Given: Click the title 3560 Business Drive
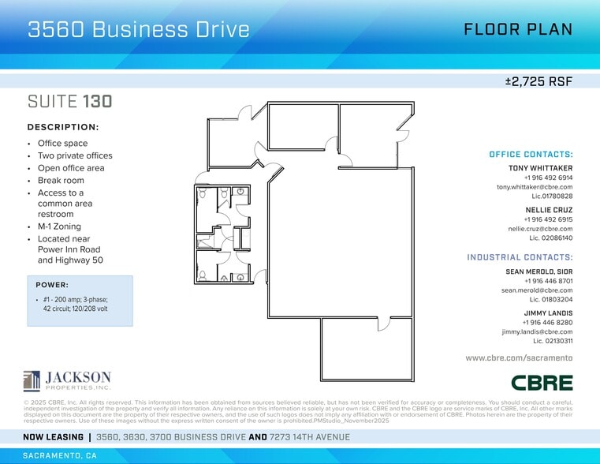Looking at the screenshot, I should click(139, 30).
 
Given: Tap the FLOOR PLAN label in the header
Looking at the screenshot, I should click(517, 30).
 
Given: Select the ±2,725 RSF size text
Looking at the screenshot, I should click(539, 81).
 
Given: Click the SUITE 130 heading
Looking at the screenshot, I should click(69, 102).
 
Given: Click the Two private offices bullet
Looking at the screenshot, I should click(75, 155).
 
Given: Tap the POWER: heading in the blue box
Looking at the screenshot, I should click(52, 285).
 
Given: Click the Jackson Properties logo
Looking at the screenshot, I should click(67, 380).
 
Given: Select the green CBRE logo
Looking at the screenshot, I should click(542, 382).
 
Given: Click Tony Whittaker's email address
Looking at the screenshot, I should click(535, 187).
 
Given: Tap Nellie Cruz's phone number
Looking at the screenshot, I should click(548, 219).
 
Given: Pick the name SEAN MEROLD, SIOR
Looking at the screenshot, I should click(539, 271).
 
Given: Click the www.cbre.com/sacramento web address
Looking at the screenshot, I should click(519, 358).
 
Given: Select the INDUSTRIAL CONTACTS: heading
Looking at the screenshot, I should click(520, 257).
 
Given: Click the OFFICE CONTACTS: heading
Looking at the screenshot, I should click(531, 155).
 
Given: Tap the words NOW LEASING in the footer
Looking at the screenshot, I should click(53, 436).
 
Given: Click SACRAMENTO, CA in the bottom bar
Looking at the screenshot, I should click(61, 456).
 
